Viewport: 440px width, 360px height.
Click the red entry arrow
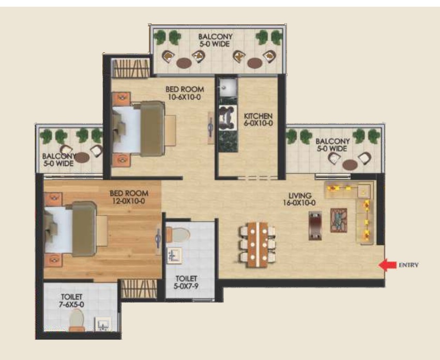pos(387,265)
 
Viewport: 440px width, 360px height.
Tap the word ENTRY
pos(408,265)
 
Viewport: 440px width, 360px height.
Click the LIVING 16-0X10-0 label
pos(299,199)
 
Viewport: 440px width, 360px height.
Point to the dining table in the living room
pos(257,245)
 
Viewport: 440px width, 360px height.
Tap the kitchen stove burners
pos(228,118)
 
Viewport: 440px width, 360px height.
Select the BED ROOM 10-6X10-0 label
pos(185,93)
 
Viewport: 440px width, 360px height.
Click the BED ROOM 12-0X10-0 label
pos(129,197)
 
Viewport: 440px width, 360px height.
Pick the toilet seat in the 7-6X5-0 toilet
pos(77,320)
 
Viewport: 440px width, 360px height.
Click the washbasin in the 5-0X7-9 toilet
pos(174,255)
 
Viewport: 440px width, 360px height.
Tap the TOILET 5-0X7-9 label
pos(186,282)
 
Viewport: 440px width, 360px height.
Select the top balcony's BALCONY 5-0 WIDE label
pos(215,40)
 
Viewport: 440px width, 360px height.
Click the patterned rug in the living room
pos(339,220)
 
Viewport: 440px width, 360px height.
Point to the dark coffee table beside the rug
pos(315,226)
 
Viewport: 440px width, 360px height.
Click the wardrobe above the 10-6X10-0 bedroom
pos(130,68)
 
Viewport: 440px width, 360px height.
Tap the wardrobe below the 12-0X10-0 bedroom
pos(139,289)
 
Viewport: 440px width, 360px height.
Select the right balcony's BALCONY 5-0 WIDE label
pos(332,145)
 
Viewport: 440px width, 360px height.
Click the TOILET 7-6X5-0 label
pos(71,301)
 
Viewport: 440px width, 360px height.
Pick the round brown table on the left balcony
pos(82,158)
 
